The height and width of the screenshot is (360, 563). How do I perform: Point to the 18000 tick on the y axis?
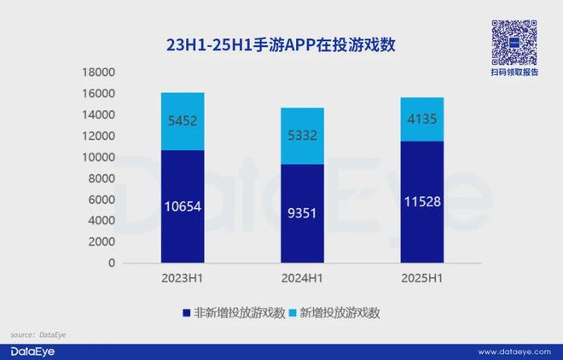pyautogui.click(x=98, y=73)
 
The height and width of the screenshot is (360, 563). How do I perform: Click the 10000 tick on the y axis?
pyautogui.click(x=98, y=157)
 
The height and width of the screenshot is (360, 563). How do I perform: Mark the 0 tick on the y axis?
pyautogui.click(x=111, y=263)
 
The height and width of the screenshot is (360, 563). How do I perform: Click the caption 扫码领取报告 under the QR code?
pyautogui.click(x=514, y=73)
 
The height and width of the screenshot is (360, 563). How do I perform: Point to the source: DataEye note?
pyautogui.click(x=38, y=334)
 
